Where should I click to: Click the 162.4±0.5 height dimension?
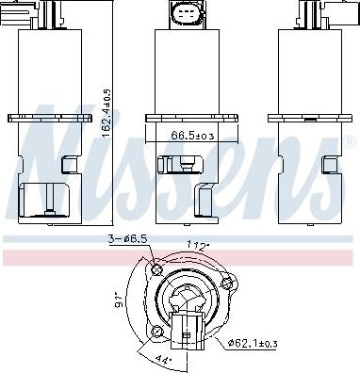(107, 113)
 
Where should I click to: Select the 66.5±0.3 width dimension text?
(192, 136)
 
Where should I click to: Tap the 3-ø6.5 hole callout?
(127, 239)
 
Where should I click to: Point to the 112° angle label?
(198, 245)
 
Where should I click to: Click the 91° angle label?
(120, 300)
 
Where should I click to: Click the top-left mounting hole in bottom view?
(156, 269)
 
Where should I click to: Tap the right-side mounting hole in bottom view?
(226, 284)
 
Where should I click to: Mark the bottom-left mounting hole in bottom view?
(156, 332)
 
